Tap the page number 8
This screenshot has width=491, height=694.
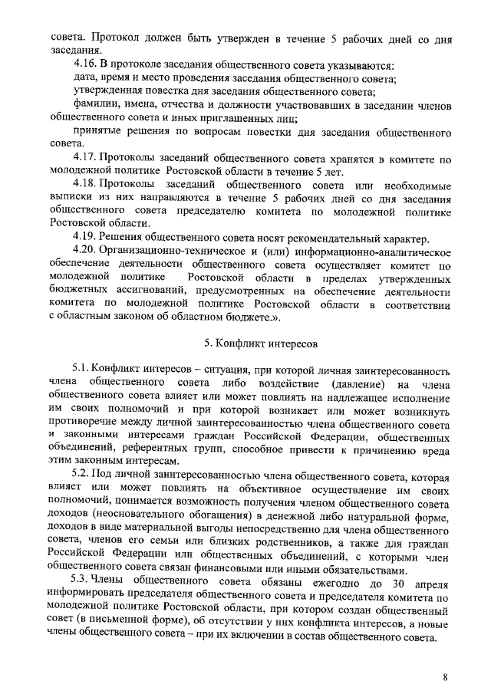445,677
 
